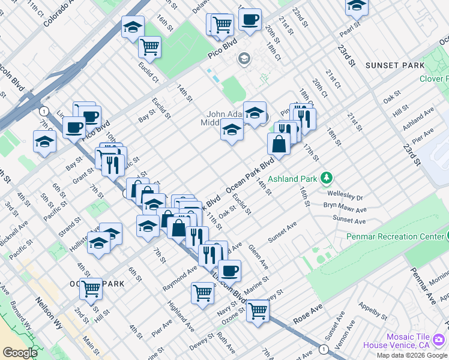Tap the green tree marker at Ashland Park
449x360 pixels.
point(326,178)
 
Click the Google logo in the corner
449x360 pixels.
point(20,352)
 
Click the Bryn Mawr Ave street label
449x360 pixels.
point(345,208)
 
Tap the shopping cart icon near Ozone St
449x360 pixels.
point(258,311)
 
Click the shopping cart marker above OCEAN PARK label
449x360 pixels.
point(91,289)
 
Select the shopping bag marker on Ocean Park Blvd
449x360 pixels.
point(279,144)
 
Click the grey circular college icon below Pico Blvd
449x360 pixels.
point(244,58)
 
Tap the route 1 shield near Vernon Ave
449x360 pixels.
point(324,349)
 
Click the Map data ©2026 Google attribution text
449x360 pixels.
point(411,355)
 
